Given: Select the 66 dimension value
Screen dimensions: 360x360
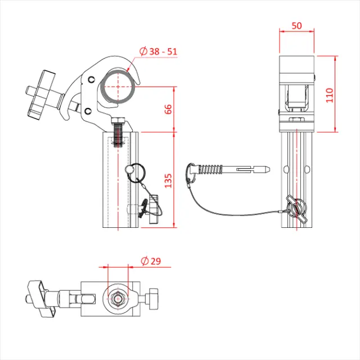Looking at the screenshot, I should click(x=168, y=109).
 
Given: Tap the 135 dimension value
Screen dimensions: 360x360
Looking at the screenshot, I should click(x=168, y=180).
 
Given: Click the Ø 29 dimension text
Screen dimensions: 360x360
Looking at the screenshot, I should click(x=151, y=260).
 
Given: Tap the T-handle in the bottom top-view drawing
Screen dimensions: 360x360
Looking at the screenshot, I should click(x=42, y=296).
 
